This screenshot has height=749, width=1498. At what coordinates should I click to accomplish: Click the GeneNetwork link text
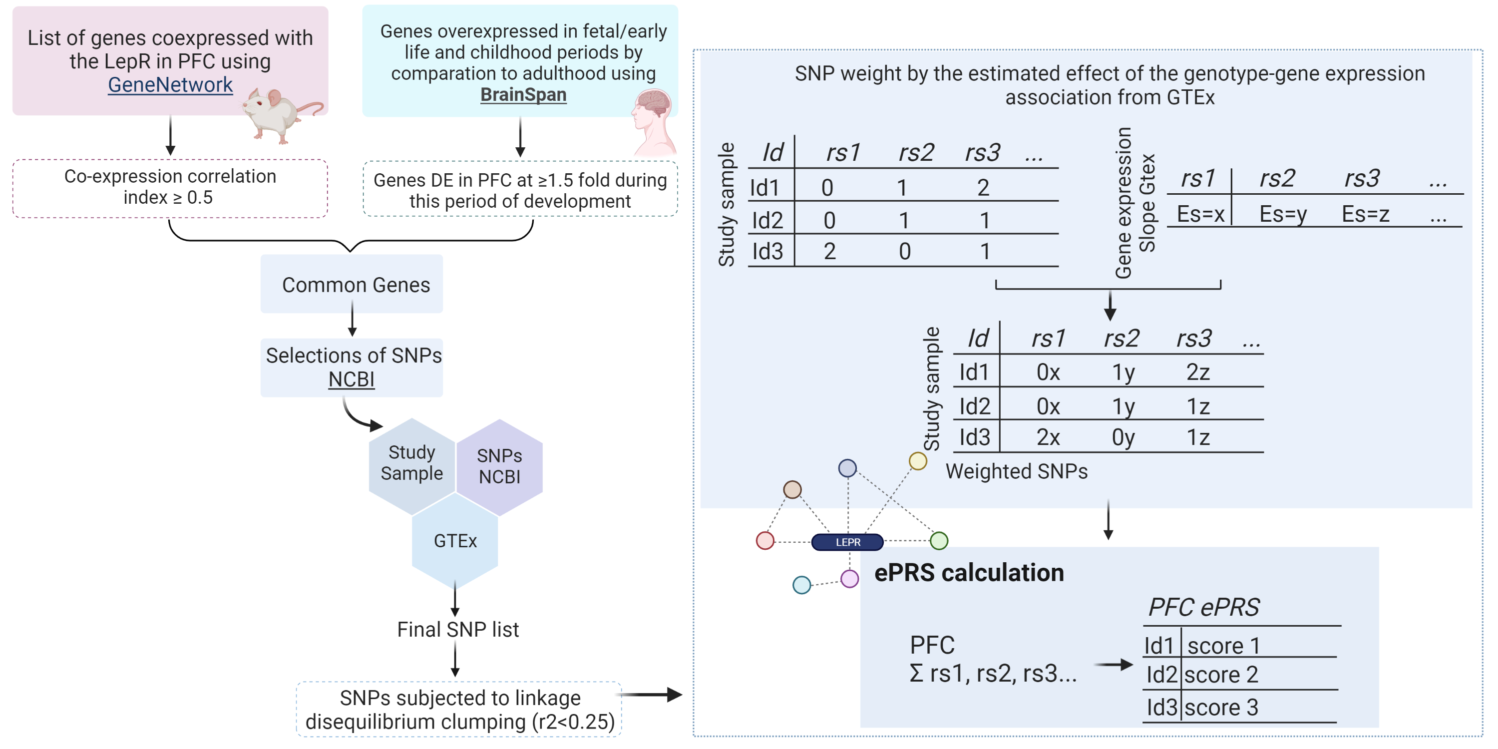click(x=170, y=85)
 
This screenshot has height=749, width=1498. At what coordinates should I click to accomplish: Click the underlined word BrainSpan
click(x=523, y=94)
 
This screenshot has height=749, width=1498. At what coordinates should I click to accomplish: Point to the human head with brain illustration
click(x=654, y=119)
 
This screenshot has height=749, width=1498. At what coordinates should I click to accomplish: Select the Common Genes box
click(x=352, y=284)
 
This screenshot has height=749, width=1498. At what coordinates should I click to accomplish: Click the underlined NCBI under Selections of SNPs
click(x=351, y=379)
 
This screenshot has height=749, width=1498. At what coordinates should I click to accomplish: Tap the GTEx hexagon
click(x=455, y=541)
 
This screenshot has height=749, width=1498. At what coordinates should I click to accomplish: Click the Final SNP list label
click(x=458, y=629)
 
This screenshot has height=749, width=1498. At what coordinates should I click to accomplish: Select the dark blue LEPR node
click(x=847, y=542)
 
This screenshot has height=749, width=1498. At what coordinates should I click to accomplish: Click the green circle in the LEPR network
click(x=939, y=541)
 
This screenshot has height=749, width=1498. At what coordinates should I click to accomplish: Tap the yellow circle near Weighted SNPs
click(x=918, y=461)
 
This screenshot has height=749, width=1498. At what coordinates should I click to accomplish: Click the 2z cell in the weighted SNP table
click(x=1198, y=372)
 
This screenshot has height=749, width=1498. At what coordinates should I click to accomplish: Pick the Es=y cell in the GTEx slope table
click(x=1283, y=215)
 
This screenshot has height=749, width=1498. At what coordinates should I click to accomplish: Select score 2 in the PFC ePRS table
click(x=1221, y=675)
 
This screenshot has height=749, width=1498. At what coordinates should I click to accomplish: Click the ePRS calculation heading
click(x=969, y=573)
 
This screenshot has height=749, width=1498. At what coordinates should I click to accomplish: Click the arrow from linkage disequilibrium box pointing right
click(x=651, y=695)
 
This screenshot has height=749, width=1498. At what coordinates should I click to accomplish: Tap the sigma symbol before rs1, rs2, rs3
click(x=916, y=674)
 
